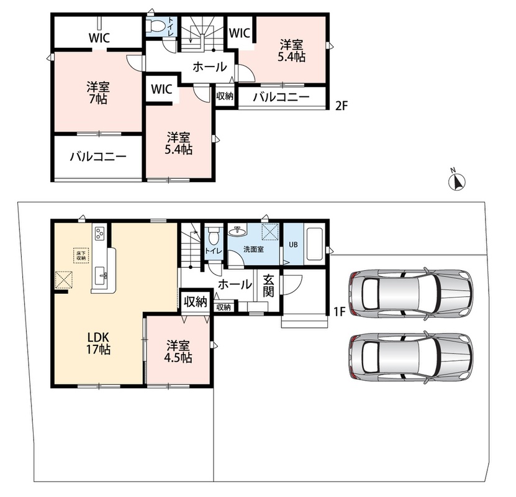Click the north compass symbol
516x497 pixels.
pos(458,181)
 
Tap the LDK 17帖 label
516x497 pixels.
pos(98,343)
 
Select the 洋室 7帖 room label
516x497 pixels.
pos(98,93)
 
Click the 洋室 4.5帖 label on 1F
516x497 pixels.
pos(178,352)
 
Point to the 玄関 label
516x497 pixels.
pos(268,285)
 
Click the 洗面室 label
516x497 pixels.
pos(253,249)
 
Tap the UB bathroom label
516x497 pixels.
pos(293,245)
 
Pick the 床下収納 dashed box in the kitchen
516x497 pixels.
pos(81,255)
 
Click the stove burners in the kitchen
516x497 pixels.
pos(100,234)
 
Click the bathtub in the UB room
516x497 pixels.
pos(314,244)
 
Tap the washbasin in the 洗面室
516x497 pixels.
pos(238,232)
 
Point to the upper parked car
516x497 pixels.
pos(410,293)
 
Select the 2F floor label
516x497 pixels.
pos(342,106)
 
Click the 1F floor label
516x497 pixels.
pos(340,311)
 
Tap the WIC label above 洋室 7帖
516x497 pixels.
pos(99,38)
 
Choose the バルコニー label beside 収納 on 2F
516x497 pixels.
pos(281,97)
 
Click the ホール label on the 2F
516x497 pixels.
pos(210,67)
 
